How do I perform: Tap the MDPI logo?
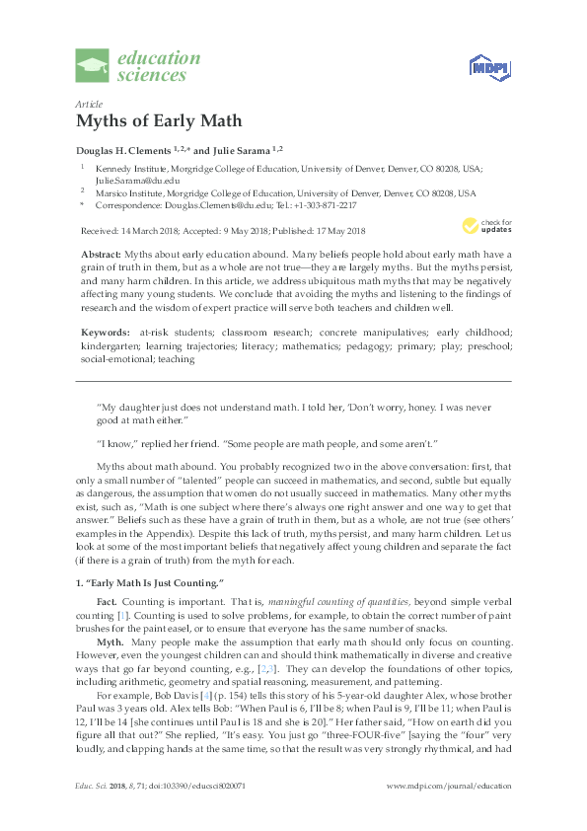pos(482,67)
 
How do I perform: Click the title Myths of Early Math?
pos(158,121)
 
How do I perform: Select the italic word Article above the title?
pos(88,104)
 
